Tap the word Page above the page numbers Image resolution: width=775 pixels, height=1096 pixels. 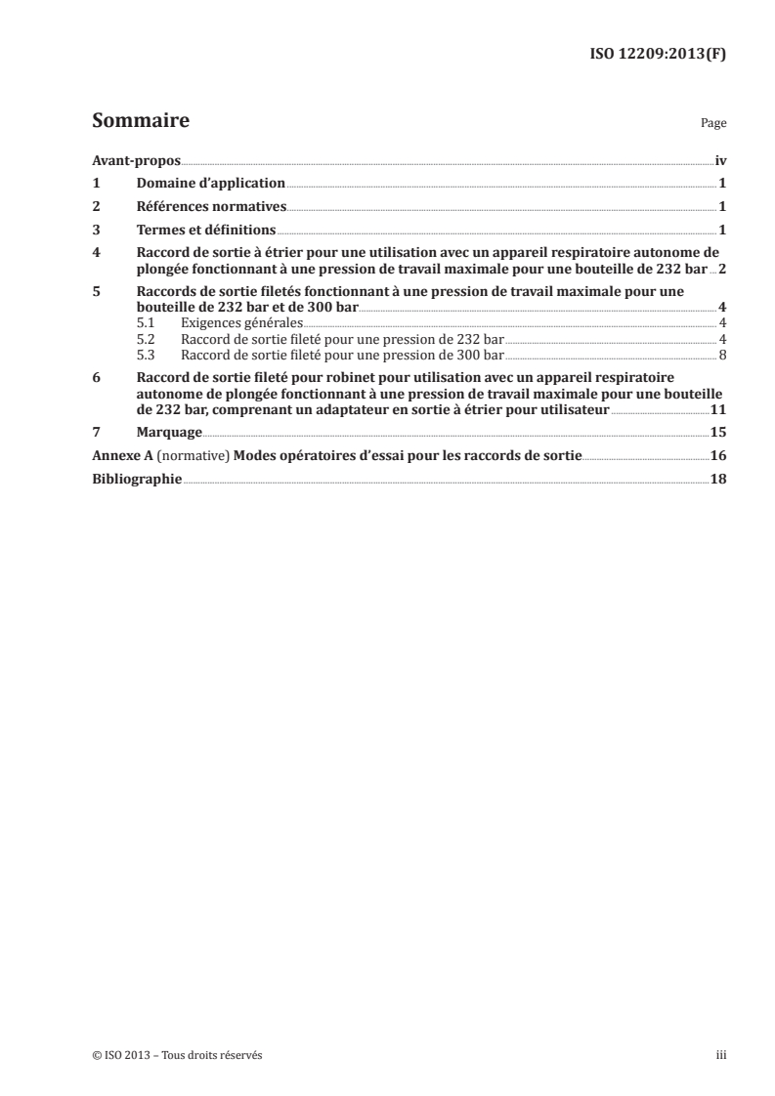click(x=713, y=125)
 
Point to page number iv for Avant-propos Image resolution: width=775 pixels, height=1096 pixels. click(x=720, y=160)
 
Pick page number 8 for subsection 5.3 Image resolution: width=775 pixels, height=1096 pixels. click(x=722, y=354)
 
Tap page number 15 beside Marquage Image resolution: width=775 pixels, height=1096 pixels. click(x=718, y=432)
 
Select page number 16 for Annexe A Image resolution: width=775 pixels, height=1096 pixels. click(x=718, y=455)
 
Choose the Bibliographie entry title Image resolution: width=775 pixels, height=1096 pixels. click(x=137, y=479)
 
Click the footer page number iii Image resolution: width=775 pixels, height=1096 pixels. click(x=721, y=1054)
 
